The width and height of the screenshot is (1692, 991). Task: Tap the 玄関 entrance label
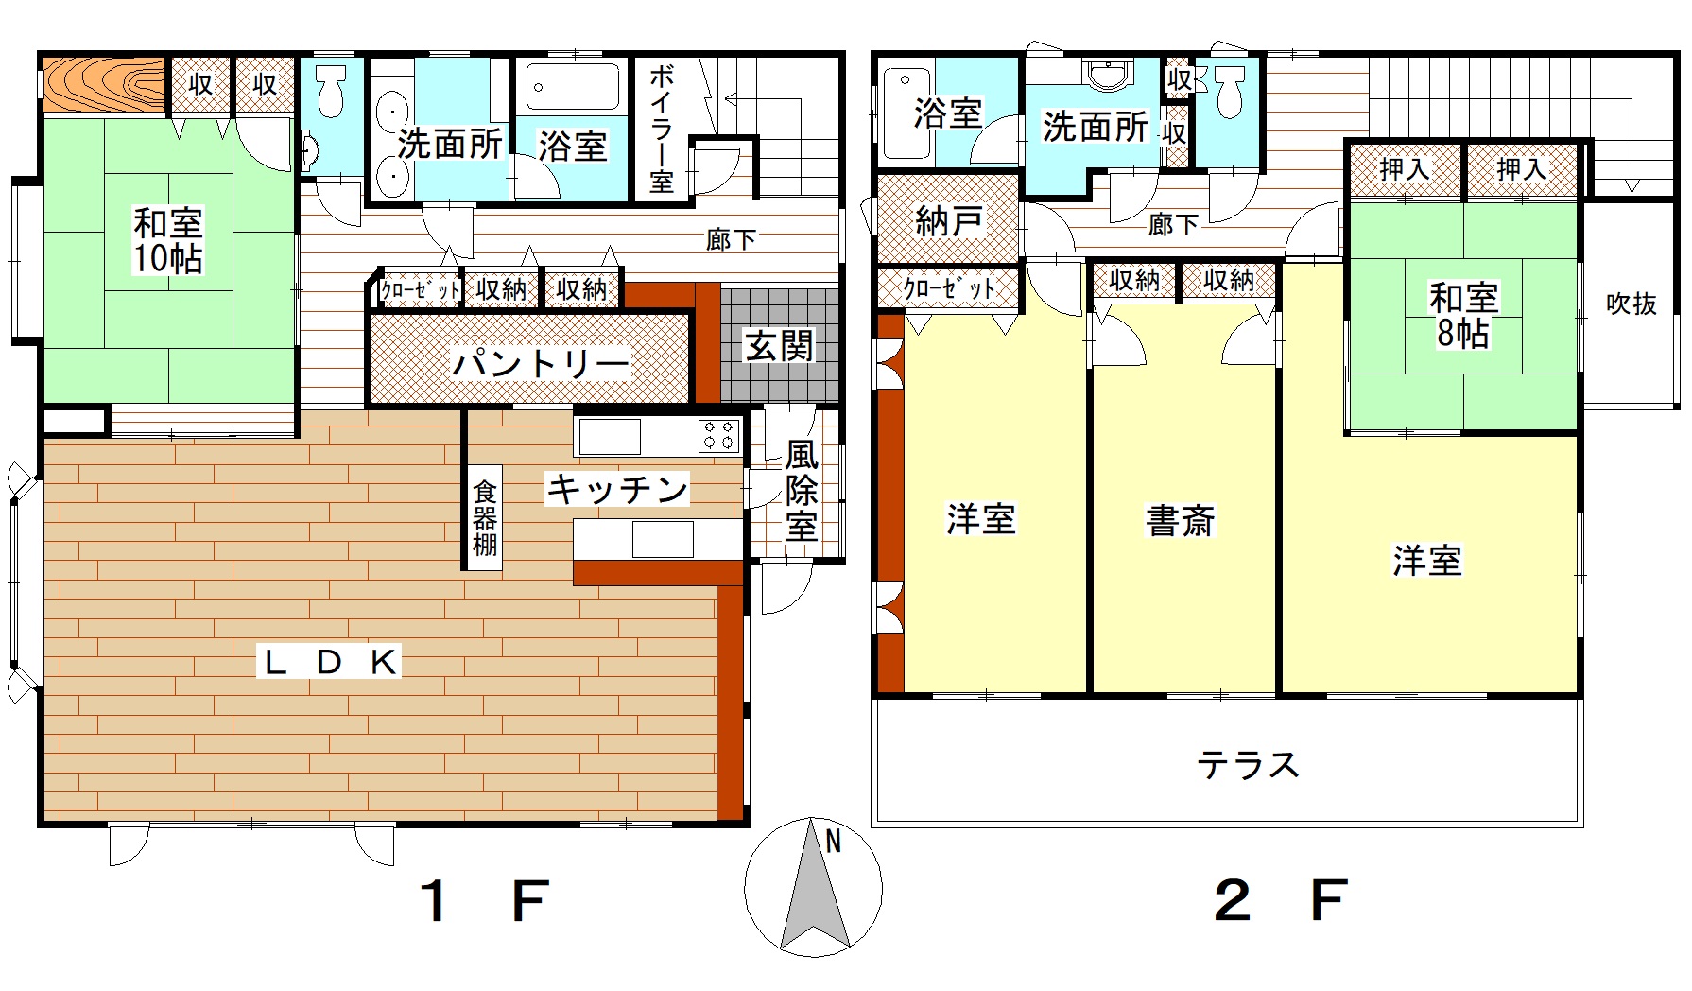(x=779, y=347)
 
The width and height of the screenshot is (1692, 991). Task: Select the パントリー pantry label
(x=540, y=363)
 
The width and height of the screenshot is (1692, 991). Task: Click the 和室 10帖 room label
(x=168, y=240)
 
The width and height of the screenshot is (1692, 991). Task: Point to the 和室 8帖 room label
(x=1463, y=315)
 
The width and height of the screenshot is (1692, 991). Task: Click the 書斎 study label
(x=1180, y=520)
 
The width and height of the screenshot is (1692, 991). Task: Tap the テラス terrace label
(x=1248, y=764)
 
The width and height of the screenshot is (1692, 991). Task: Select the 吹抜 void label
(x=1632, y=304)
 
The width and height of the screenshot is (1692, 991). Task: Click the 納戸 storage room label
(x=948, y=221)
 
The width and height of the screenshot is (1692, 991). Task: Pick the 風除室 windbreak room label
(x=802, y=490)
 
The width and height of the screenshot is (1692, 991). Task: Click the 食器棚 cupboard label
(x=485, y=518)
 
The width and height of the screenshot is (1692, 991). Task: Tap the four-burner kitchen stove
(x=719, y=436)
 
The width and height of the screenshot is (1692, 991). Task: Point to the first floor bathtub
(x=572, y=86)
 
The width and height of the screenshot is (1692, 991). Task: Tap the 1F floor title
(x=483, y=900)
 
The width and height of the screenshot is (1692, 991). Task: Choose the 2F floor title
(x=1281, y=900)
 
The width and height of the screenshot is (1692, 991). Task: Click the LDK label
(x=330, y=661)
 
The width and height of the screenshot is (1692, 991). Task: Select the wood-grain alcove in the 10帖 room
(x=104, y=85)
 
